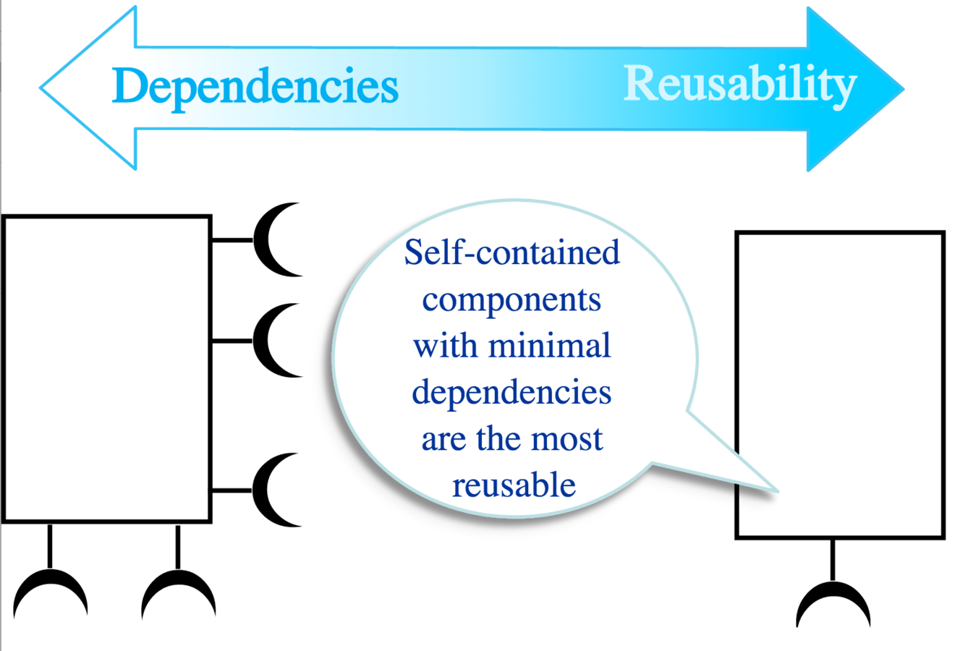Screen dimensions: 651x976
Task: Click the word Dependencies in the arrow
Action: pos(255,87)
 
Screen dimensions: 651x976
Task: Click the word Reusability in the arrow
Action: pos(739,85)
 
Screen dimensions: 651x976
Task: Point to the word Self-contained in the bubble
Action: pos(512,252)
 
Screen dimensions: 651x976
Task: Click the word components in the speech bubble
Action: pos(512,299)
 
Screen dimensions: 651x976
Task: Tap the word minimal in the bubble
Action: pos(549,345)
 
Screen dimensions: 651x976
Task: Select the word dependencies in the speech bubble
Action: pos(512,393)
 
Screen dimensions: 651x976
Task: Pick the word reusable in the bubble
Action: pos(514,485)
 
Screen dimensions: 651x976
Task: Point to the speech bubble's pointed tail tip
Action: pos(776,491)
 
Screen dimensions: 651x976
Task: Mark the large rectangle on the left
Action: pos(107,369)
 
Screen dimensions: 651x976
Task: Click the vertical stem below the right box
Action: pos(833,558)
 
